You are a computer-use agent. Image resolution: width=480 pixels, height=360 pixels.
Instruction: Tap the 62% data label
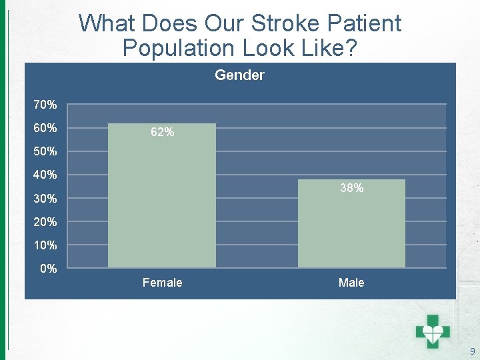[x=163, y=133]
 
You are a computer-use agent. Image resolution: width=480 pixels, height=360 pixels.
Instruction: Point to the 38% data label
[x=351, y=189]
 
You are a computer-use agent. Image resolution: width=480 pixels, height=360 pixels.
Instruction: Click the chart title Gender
[x=239, y=75]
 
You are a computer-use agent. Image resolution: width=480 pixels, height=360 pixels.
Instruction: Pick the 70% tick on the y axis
[x=45, y=105]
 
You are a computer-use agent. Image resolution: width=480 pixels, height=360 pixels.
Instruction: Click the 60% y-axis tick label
[x=45, y=128]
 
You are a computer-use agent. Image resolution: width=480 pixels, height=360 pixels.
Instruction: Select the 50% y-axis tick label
[x=45, y=151]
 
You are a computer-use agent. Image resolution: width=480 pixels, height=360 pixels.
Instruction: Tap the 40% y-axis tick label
[x=45, y=175]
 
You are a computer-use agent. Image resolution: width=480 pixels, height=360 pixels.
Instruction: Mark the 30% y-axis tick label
[x=45, y=199]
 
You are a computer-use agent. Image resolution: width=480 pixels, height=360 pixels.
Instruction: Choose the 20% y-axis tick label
[x=45, y=222]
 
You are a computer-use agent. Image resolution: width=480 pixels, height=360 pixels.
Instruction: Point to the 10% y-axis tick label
[x=45, y=245]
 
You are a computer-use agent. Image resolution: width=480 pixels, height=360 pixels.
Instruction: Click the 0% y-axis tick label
[x=48, y=269]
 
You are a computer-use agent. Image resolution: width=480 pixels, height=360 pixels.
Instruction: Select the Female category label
[x=162, y=283]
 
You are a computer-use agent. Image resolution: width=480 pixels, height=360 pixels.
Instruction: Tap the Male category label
[x=351, y=283]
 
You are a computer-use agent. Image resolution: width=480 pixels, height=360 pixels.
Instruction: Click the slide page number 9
[x=472, y=351]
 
